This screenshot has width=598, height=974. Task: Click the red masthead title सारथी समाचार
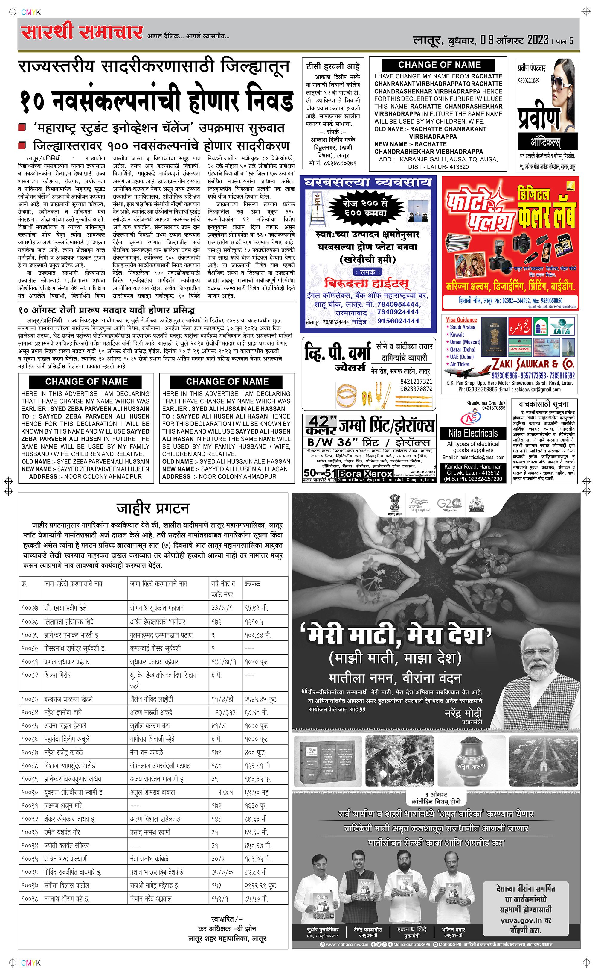pyautogui.click(x=82, y=32)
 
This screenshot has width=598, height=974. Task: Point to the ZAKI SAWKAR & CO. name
pyautogui.click(x=533, y=364)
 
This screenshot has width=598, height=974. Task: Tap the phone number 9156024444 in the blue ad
pyautogui.click(x=398, y=321)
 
